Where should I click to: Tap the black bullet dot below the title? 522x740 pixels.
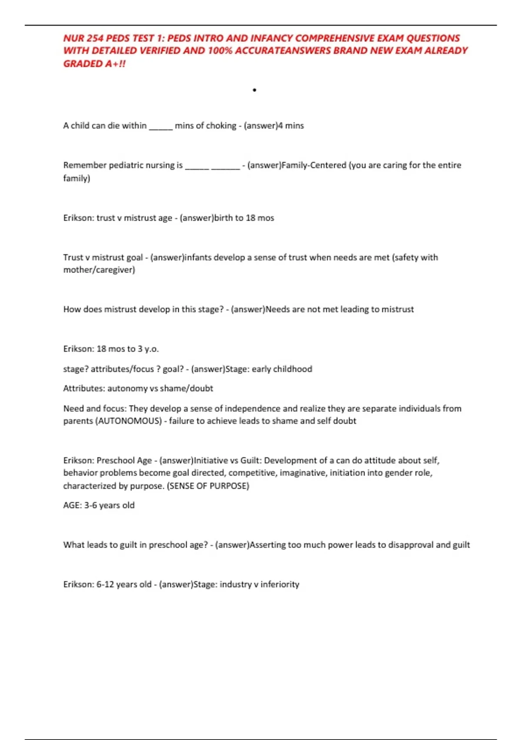(x=254, y=90)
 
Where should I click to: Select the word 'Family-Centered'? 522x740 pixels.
(x=314, y=165)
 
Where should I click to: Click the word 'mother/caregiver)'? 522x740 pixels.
(x=99, y=270)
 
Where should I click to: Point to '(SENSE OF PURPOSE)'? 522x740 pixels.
(x=208, y=486)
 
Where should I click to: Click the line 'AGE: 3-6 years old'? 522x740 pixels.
(x=99, y=505)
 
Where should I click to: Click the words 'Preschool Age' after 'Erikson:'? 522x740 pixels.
(x=124, y=461)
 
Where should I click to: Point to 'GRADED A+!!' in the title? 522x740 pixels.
(x=94, y=64)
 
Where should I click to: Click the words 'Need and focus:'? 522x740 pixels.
(x=94, y=409)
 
